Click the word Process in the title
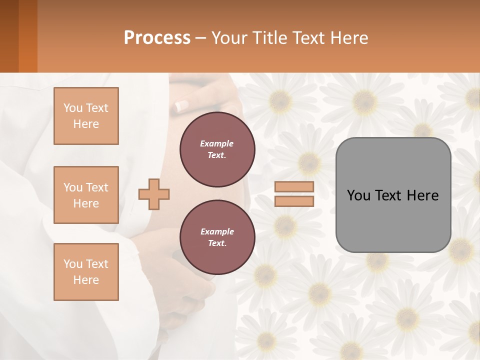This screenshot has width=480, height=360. pos(157,37)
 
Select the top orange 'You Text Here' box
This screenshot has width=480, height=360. pos(86,116)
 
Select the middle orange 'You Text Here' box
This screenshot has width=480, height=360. pos(86,195)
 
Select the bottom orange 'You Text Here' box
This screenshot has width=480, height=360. pos(86,272)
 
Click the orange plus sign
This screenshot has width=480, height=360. pos(154,194)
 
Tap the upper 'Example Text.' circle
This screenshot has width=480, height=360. pos(217,149)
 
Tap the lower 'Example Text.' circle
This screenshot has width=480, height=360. pos(217,237)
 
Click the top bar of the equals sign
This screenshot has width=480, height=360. pos(294,187)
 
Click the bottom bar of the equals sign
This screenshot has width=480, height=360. pos(294,201)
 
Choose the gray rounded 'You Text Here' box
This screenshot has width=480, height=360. pos(393,220)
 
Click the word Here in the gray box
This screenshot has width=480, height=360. pos(422,195)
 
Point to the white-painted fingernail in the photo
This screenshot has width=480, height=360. pos(181,106)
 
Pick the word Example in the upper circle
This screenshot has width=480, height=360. pos(217,143)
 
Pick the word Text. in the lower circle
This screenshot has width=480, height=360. pos(217,243)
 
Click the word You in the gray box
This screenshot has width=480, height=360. pos(358,195)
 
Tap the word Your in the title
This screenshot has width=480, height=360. pos(230,37)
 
